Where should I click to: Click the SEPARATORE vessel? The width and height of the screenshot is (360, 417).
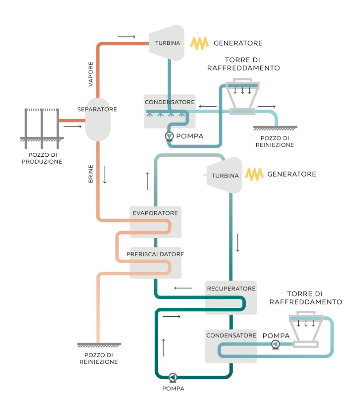[x=98, y=120]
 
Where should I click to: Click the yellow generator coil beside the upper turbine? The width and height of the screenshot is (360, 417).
[x=200, y=43]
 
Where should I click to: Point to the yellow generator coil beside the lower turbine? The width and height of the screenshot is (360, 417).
[x=254, y=174]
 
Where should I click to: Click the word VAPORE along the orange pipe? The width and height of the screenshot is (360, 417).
[x=91, y=74]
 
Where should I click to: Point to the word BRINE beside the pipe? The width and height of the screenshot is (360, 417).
[x=91, y=173]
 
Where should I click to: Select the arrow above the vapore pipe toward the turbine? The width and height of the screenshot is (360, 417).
[x=126, y=37]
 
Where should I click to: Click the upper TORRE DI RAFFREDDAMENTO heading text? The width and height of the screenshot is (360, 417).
[x=243, y=64]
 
